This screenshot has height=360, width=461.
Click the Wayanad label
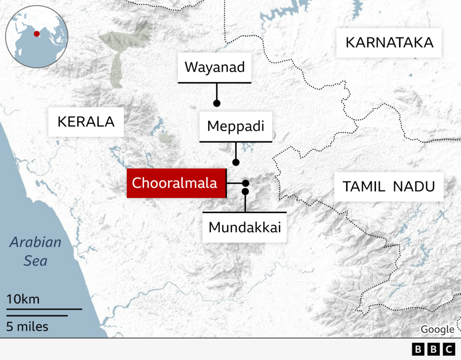(x=214, y=67)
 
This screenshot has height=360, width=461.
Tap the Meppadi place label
(x=235, y=126)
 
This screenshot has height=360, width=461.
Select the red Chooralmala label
(x=174, y=183)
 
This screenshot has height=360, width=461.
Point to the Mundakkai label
(x=245, y=227)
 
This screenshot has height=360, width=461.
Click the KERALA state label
(x=86, y=122)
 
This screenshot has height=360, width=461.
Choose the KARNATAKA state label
(x=389, y=43)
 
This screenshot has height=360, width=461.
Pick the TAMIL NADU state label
(x=389, y=187)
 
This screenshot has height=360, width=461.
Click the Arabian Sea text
(x=36, y=251)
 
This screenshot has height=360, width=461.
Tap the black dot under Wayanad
(x=217, y=103)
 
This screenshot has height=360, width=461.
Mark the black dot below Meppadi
(x=236, y=162)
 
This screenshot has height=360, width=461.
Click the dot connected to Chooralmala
(x=246, y=183)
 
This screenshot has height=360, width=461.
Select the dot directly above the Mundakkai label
(x=245, y=191)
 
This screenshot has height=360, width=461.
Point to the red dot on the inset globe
(x=36, y=34)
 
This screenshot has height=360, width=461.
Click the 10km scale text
(x=23, y=299)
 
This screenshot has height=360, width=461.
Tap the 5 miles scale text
(x=27, y=326)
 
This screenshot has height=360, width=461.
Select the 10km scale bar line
(x=44, y=309)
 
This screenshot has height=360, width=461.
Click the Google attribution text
(x=437, y=329)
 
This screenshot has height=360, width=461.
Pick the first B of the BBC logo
(x=418, y=349)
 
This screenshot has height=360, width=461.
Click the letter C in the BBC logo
(x=448, y=349)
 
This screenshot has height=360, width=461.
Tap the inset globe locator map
(x=37, y=36)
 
